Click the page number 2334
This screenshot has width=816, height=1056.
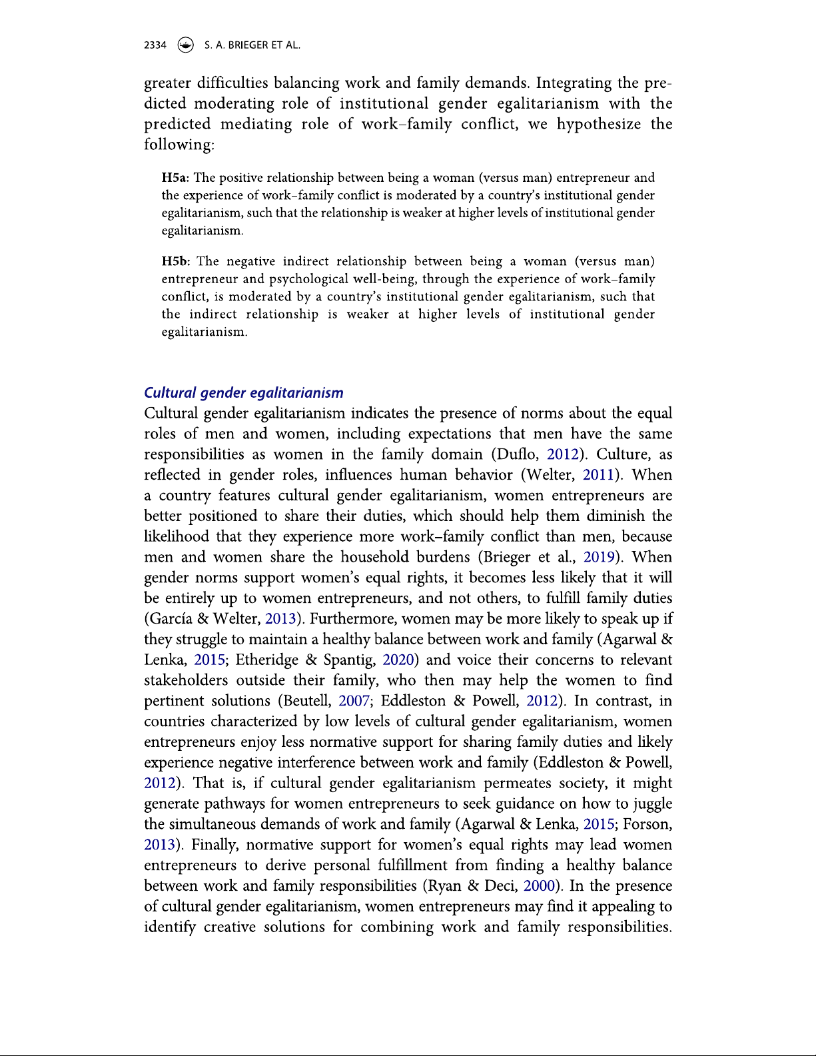click(x=155, y=45)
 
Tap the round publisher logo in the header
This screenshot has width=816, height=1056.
click(x=186, y=45)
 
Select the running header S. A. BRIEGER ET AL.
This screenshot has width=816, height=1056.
click(x=252, y=45)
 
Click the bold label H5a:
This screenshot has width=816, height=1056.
click(x=176, y=178)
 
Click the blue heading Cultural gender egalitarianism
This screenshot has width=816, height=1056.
click(x=244, y=393)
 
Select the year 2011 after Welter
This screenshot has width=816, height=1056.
click(x=598, y=475)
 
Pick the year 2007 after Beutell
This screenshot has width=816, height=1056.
click(x=354, y=701)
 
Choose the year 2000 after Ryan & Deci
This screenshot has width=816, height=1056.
click(x=539, y=886)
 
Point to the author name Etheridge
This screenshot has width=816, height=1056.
click(x=267, y=660)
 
